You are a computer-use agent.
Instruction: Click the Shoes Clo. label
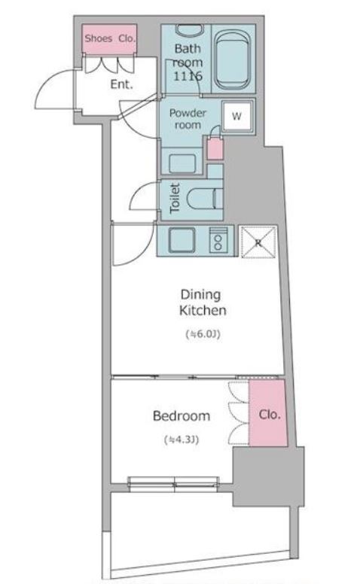(x=109, y=38)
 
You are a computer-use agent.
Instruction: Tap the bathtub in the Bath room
(x=232, y=59)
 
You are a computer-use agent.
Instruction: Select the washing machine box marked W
(x=237, y=116)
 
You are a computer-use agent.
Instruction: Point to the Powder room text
(x=188, y=119)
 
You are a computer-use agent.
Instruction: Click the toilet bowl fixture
(x=203, y=198)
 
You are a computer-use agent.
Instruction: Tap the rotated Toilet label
(x=175, y=198)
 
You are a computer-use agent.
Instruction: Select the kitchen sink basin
(x=182, y=240)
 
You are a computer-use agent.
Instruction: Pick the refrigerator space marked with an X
(x=258, y=242)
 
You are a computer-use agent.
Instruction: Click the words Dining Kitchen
(x=203, y=303)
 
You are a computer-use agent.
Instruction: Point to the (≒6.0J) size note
(x=203, y=334)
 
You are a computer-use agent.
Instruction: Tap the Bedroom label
(x=182, y=415)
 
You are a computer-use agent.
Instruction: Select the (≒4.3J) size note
(x=182, y=440)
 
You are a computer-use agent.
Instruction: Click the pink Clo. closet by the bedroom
(x=268, y=413)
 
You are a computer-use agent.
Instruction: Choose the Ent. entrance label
(x=121, y=84)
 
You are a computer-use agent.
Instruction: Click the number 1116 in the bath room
(x=188, y=76)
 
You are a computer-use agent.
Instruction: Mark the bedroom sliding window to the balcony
(x=174, y=483)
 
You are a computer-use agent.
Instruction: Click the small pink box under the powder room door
(x=215, y=149)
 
